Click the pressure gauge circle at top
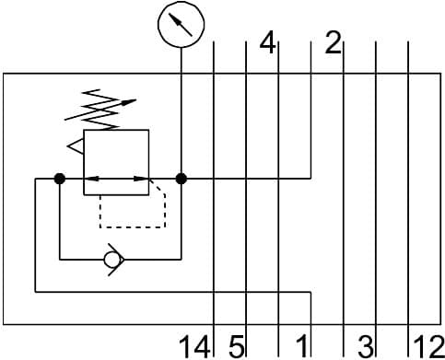click(181, 26)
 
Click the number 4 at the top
click(267, 42)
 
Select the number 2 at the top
click(333, 42)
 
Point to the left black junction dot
click(59, 179)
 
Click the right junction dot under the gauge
click(181, 179)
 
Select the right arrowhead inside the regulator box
click(140, 179)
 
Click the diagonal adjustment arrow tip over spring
click(134, 101)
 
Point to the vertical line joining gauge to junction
click(181, 110)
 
